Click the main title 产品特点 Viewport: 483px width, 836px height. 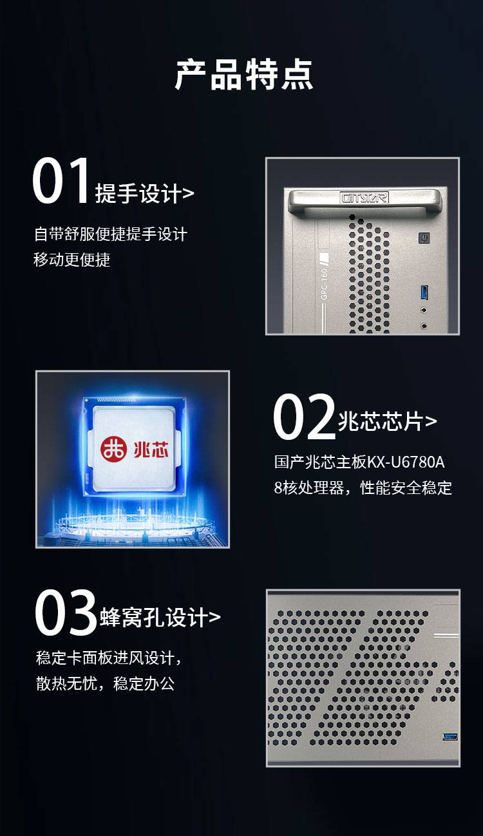click(243, 75)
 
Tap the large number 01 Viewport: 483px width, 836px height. click(61, 180)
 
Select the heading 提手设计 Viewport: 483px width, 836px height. click(138, 193)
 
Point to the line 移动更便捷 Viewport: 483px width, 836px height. click(72, 260)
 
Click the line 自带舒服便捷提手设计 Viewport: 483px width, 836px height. click(111, 234)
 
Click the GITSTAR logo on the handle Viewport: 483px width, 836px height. click(365, 198)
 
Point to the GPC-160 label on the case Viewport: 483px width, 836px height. click(324, 283)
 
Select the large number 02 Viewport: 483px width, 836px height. click(304, 417)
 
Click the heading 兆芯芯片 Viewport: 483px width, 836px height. click(381, 421)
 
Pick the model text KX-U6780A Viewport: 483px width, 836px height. click(406, 462)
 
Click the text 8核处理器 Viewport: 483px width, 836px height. click(309, 488)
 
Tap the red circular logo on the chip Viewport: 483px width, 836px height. click(114, 450)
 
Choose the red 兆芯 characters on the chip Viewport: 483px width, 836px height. click(151, 449)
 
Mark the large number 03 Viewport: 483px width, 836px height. click(66, 613)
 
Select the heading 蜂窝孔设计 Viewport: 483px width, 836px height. click(153, 617)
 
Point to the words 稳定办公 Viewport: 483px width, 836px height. click(144, 683)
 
